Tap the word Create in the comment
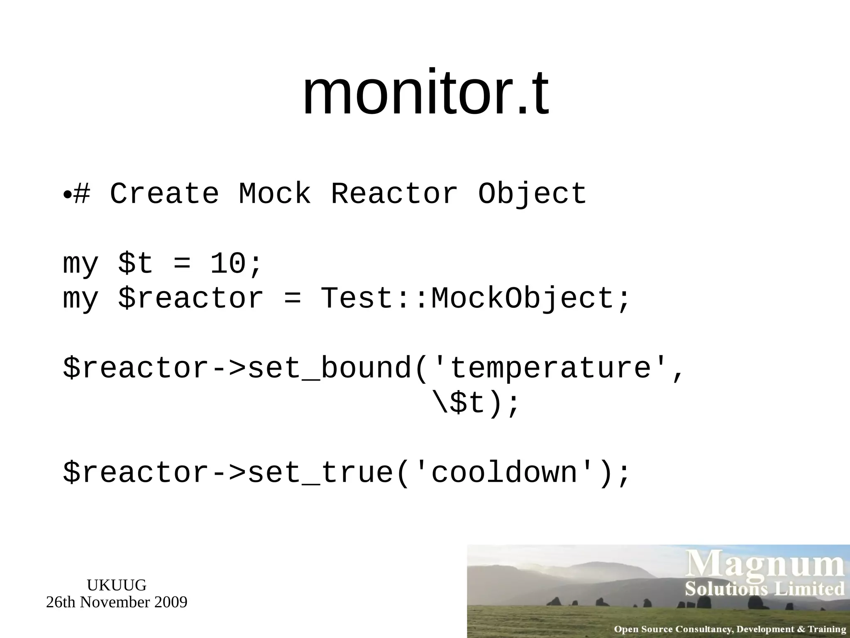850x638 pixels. tap(164, 194)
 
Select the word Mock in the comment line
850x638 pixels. tap(275, 194)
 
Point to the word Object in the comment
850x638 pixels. tap(532, 194)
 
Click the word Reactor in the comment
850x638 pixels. tap(394, 194)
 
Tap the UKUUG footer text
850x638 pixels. tap(117, 585)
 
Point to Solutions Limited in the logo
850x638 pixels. tap(765, 589)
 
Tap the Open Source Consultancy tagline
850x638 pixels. tap(730, 629)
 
